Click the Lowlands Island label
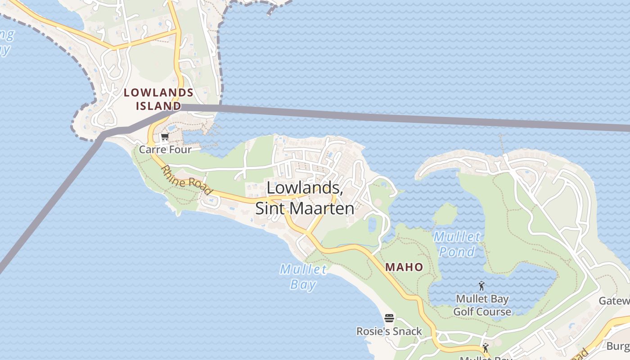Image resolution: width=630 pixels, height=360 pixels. click(x=158, y=99)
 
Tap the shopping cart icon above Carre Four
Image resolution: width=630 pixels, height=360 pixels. click(x=165, y=137)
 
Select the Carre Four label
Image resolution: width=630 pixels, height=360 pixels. click(x=165, y=149)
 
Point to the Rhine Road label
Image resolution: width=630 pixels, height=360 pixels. click(x=187, y=180)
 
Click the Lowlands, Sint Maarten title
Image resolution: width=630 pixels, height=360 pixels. click(x=305, y=198)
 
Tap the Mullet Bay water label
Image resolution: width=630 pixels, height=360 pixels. click(x=303, y=277)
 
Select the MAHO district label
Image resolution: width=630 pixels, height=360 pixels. click(x=404, y=267)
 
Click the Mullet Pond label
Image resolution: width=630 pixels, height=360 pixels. click(x=457, y=244)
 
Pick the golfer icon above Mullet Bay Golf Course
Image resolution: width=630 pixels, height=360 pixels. click(x=481, y=286)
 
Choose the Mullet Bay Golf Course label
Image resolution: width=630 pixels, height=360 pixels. click(x=482, y=305)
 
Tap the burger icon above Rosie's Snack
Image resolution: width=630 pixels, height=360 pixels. click(x=389, y=319)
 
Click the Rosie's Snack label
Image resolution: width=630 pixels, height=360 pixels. click(x=389, y=332)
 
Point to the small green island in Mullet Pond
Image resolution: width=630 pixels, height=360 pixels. click(x=445, y=214)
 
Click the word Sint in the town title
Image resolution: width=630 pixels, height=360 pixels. click(x=270, y=208)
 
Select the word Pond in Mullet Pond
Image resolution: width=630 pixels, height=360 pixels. click(x=457, y=252)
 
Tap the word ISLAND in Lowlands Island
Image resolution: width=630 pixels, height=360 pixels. click(x=158, y=106)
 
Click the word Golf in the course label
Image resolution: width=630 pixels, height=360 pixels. click(x=463, y=311)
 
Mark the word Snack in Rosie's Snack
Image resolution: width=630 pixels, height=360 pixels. click(x=406, y=332)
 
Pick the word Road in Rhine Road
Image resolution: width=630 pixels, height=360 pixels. click(x=199, y=187)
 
